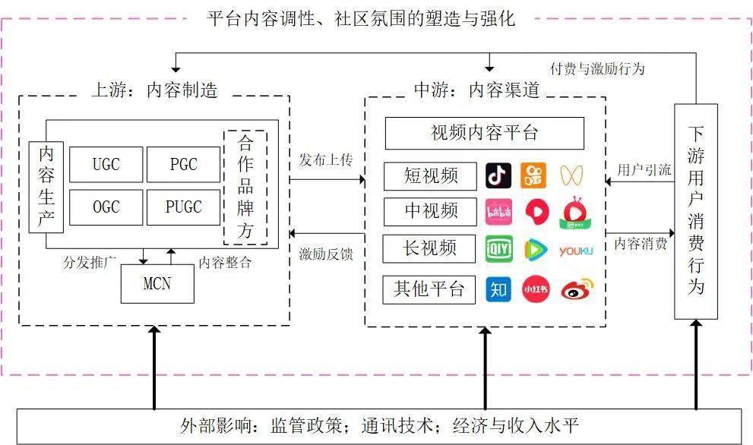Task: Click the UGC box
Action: click(106, 164)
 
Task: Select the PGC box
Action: click(183, 164)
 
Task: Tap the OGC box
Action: click(106, 207)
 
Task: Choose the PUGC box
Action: click(183, 207)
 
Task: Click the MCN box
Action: click(157, 285)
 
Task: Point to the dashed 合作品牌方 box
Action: click(245, 187)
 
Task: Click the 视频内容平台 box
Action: click(484, 134)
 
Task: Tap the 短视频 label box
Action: click(430, 176)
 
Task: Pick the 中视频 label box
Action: click(430, 212)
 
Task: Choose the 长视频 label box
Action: click(430, 248)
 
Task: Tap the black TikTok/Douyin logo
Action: click(498, 176)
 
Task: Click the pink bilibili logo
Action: click(498, 212)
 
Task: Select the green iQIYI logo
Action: click(498, 249)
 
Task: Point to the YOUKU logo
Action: click(575, 251)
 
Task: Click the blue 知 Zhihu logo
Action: click(498, 289)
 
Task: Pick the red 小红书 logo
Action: click(535, 289)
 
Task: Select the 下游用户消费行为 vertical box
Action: click(695, 211)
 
